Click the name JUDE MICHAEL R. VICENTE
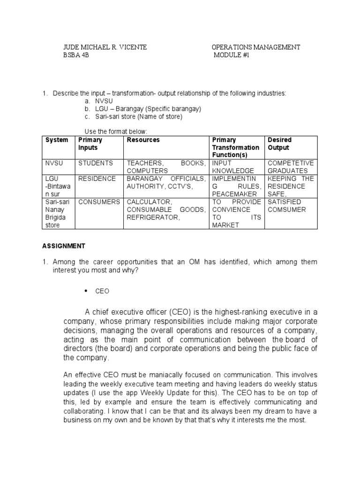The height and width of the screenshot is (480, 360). coord(105,47)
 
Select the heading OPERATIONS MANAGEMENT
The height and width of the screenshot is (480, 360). coord(256,47)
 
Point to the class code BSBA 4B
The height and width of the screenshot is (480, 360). coord(76,55)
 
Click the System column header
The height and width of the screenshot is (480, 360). coord(57,140)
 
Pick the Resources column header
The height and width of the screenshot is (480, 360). coord(143,140)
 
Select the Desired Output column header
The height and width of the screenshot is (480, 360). coord(279,143)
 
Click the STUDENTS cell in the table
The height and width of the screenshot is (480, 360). coord(96,163)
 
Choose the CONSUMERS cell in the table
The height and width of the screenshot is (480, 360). coord(99,202)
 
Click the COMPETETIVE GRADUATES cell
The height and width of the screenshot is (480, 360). coord(291,167)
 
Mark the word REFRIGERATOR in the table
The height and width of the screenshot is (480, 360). coord(153,217)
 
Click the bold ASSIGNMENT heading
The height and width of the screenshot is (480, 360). coord(64,246)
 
